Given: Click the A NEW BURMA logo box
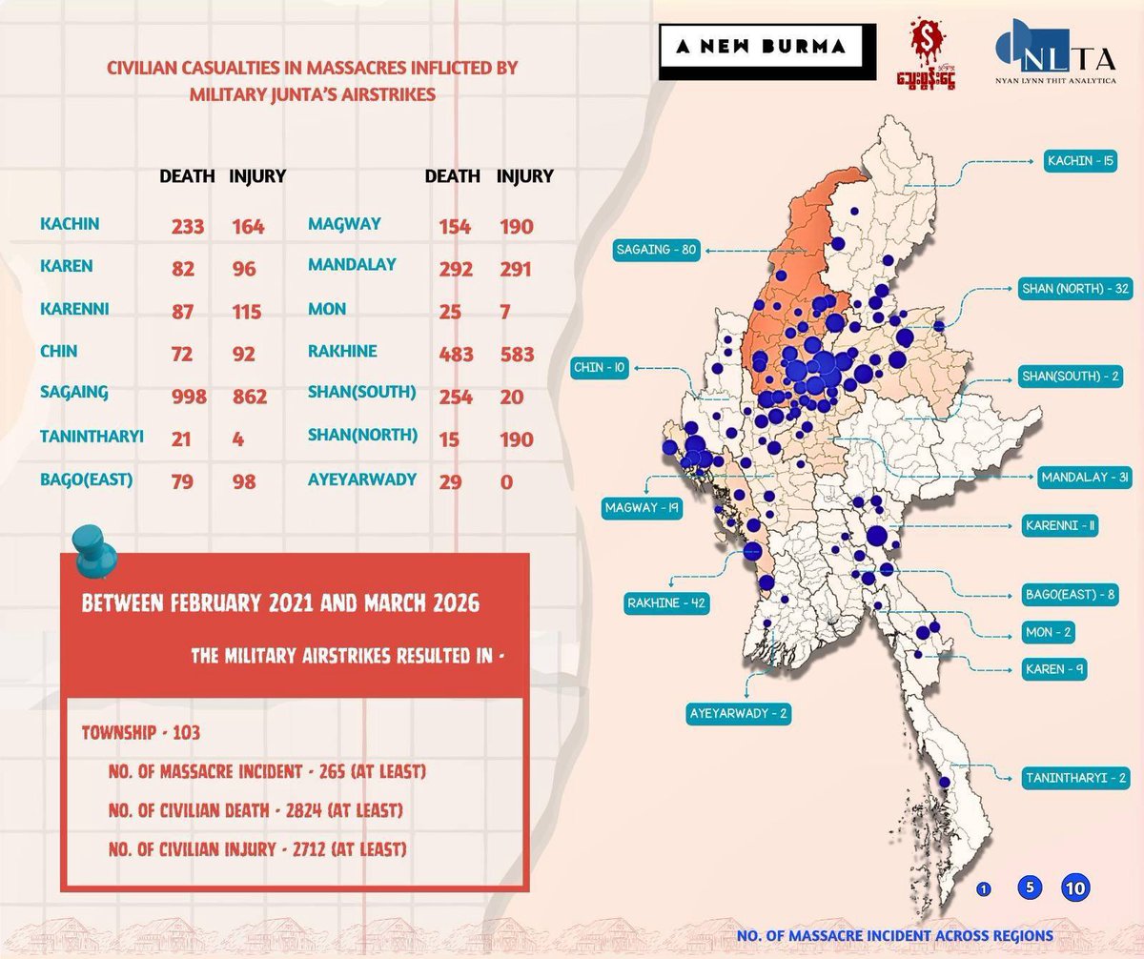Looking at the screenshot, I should [x=766, y=45].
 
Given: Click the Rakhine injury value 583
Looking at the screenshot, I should [x=517, y=354].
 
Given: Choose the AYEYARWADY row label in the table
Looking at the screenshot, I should [x=362, y=479].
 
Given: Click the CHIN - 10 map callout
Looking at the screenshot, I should [x=600, y=368].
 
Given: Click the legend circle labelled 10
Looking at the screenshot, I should [x=1075, y=888].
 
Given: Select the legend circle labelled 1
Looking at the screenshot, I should [x=984, y=889].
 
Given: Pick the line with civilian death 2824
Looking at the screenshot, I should [x=256, y=809].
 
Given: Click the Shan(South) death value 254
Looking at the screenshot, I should [x=449, y=396].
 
